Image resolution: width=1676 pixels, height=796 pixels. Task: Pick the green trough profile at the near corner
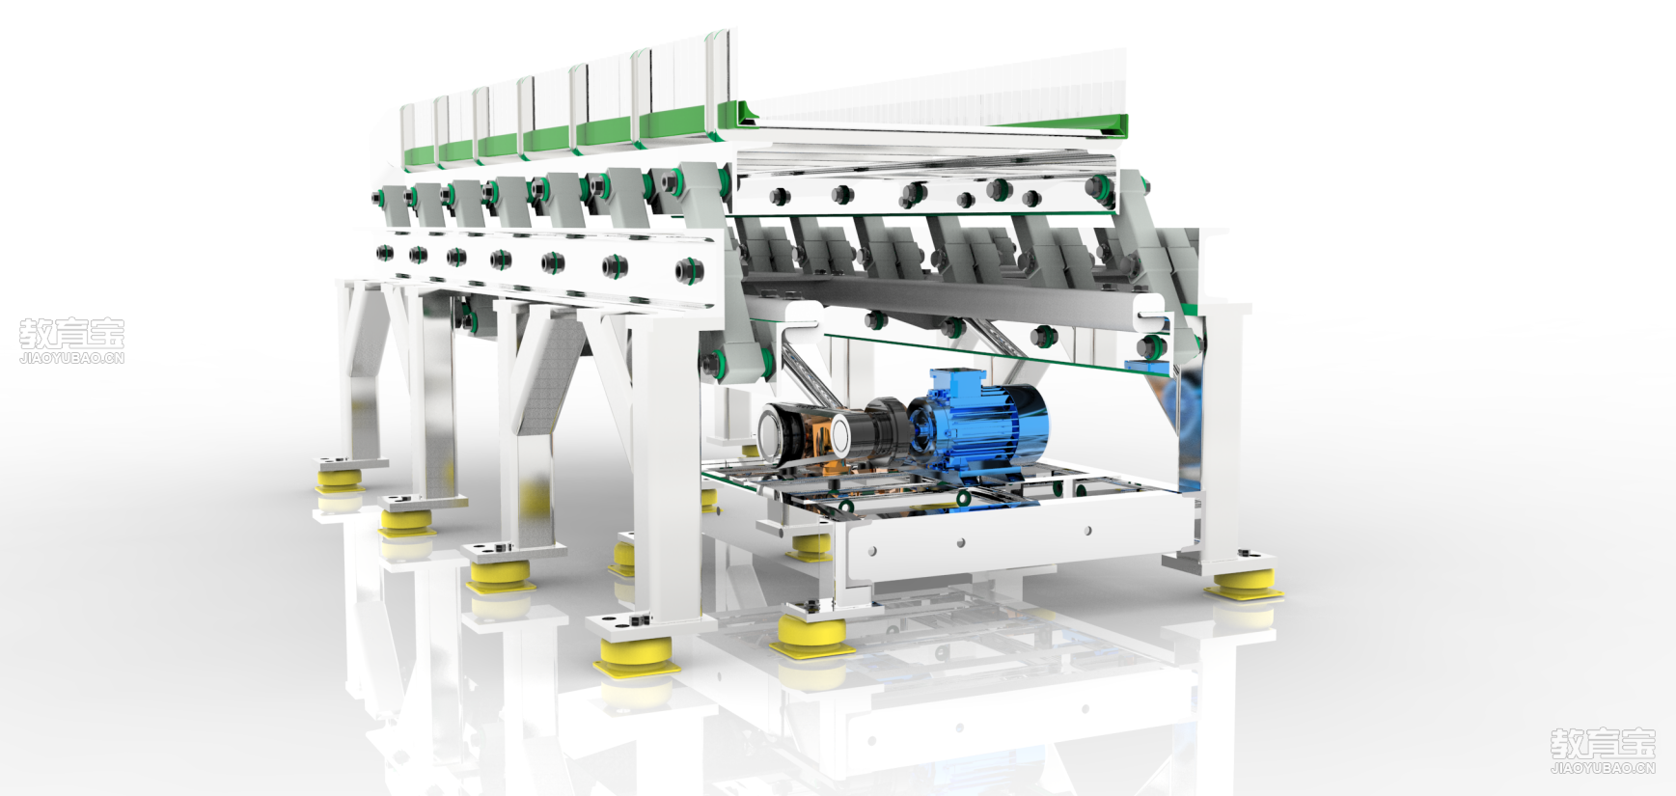744,116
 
